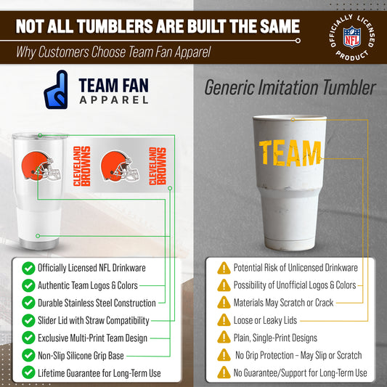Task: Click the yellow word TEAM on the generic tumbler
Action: [290, 153]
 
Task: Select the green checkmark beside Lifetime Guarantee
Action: [28, 372]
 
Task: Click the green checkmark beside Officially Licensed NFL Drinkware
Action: [28, 268]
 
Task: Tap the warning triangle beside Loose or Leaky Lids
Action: [224, 320]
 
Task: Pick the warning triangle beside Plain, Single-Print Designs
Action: [224, 338]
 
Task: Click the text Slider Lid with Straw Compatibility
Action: [94, 320]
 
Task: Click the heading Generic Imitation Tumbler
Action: [290, 89]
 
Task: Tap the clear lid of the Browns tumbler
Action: [39, 137]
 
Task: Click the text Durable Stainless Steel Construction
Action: [97, 303]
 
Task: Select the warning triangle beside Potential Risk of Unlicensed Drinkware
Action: [224, 268]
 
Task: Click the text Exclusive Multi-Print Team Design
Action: [92, 338]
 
